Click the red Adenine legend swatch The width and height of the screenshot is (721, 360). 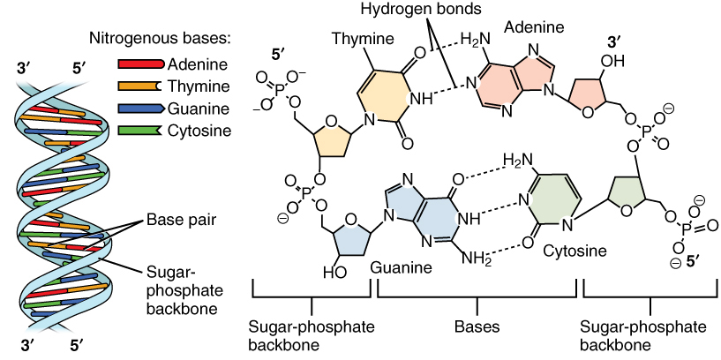[139, 64]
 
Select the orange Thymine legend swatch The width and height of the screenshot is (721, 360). [139, 86]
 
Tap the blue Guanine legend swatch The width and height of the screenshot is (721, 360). [139, 109]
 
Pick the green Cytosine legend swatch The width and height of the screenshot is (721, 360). [139, 131]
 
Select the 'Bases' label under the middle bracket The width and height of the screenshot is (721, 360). [477, 326]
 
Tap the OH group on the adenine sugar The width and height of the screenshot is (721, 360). [612, 63]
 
